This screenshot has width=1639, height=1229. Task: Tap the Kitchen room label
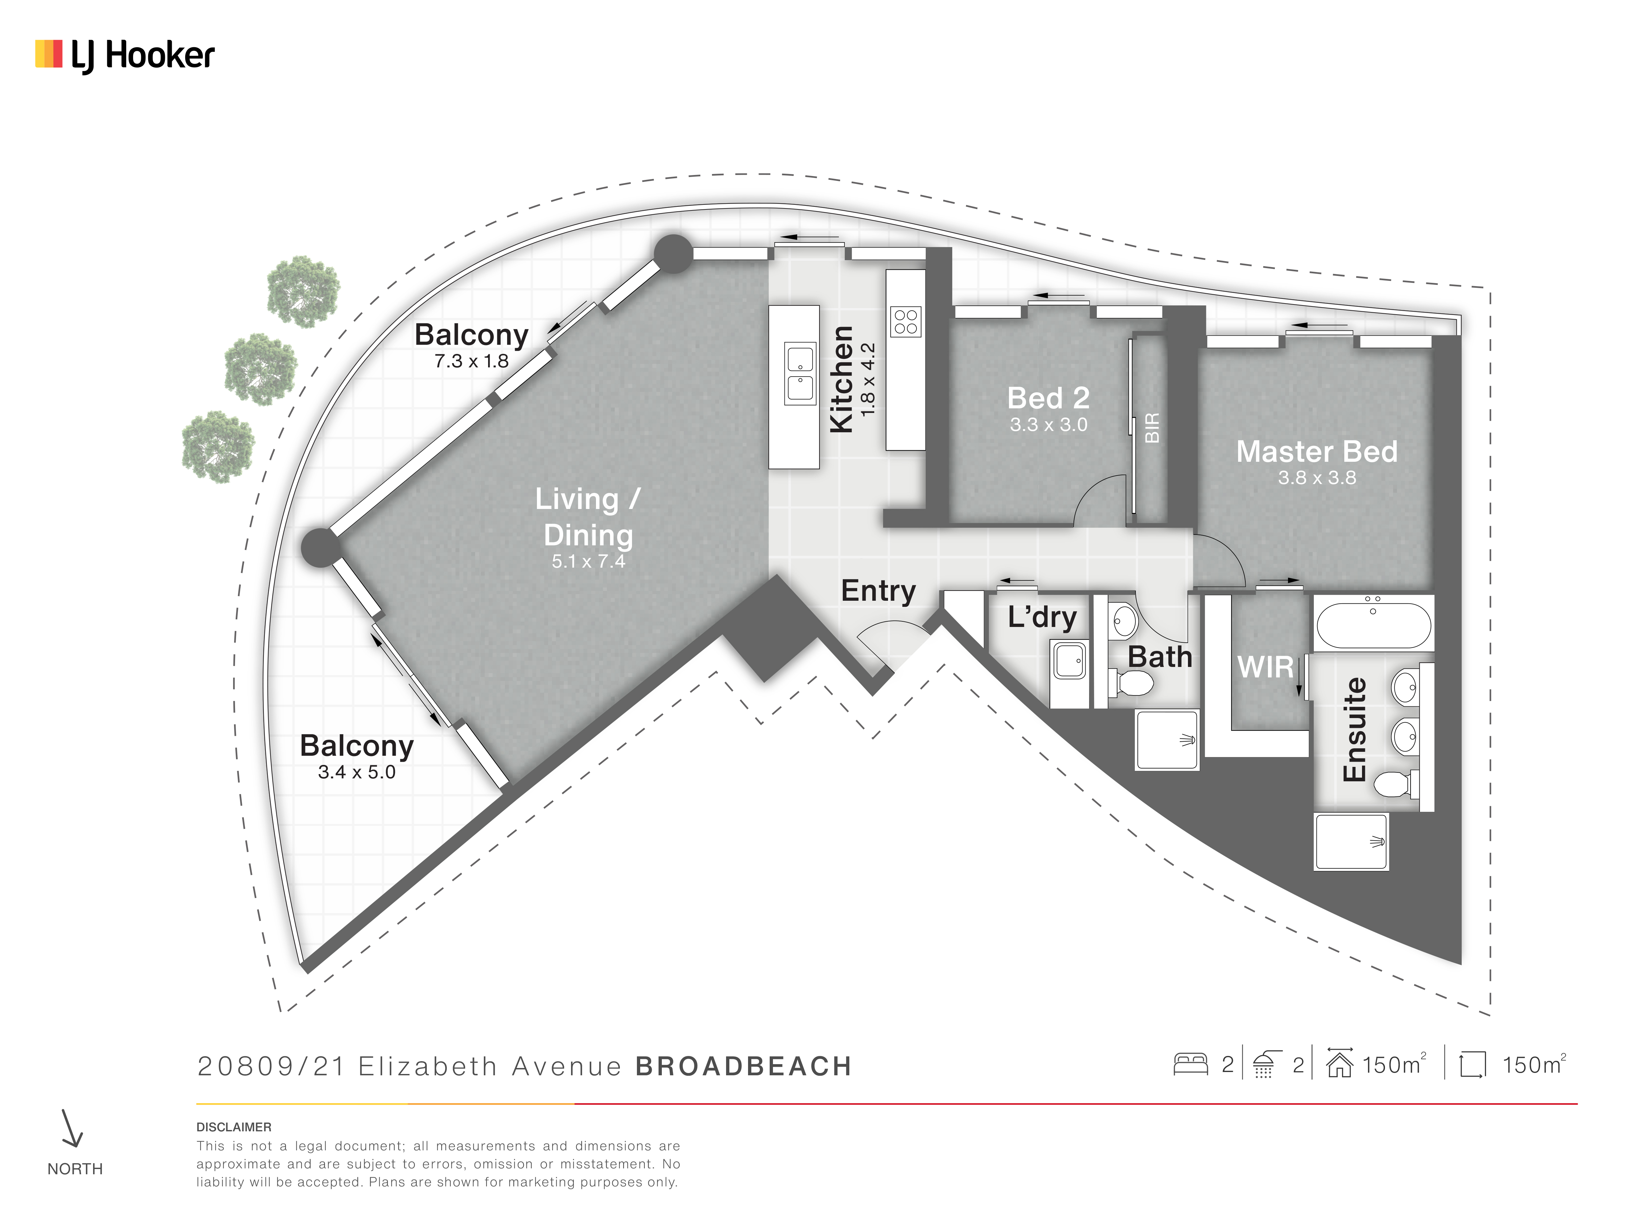(x=842, y=379)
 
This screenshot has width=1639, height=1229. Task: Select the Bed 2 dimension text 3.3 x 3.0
(x=1048, y=424)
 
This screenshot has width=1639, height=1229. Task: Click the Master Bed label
(x=1317, y=451)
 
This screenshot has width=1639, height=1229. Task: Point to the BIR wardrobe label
(x=1152, y=428)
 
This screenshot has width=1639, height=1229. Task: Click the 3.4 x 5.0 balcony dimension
(x=356, y=772)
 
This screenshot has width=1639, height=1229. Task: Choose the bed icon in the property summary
(x=1191, y=1064)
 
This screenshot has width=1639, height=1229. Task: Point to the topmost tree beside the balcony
(x=303, y=291)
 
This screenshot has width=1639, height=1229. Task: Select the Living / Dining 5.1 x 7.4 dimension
(x=588, y=561)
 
